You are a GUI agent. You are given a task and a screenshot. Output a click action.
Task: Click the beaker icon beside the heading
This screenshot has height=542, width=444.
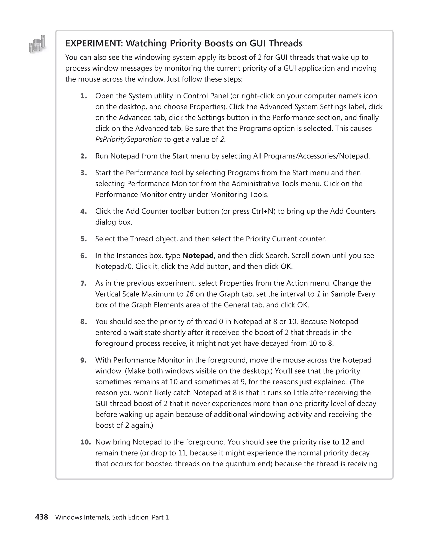coord(37,44)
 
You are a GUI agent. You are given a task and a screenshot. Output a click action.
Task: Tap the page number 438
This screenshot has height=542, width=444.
coord(41,517)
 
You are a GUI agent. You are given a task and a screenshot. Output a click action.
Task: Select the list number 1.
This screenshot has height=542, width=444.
coord(83,96)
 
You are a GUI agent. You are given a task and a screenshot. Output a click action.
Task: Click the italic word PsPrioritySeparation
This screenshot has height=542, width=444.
coord(128,139)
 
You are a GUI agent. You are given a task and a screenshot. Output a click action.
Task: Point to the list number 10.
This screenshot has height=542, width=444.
coord(85,442)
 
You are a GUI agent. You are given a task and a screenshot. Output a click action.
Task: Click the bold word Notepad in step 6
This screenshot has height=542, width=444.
coord(198,256)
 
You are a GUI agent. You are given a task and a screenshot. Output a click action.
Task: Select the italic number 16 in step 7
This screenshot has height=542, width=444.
coord(189,294)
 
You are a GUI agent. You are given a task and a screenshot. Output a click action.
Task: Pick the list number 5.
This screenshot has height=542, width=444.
coord(83,239)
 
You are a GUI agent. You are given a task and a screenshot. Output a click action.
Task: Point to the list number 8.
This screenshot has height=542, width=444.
coord(83,322)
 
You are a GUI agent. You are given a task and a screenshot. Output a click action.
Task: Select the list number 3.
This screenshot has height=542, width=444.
coord(83,173)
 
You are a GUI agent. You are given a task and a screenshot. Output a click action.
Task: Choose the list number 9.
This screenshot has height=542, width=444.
coord(83,360)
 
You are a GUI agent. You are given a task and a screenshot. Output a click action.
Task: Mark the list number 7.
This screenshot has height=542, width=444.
coord(83,283)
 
